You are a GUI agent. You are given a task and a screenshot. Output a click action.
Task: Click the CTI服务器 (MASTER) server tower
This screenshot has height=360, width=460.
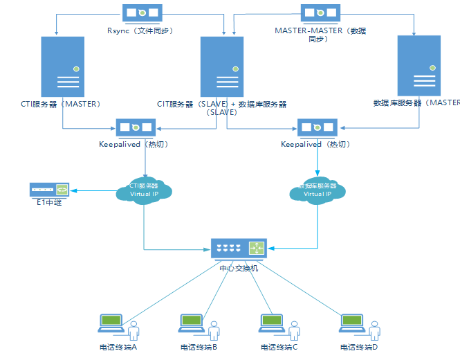click(x=63, y=66)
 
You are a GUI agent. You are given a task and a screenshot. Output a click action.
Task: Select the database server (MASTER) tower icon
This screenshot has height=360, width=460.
click(x=418, y=66)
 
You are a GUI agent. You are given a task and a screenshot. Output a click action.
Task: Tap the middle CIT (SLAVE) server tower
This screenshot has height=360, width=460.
click(x=222, y=66)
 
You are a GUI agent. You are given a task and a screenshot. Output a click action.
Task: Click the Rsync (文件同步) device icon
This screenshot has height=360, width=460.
click(x=142, y=13)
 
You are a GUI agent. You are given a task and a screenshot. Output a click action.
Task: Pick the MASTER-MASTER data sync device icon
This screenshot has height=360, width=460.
click(x=320, y=13)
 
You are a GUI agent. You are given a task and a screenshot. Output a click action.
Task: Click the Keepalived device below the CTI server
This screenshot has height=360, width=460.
click(x=136, y=127)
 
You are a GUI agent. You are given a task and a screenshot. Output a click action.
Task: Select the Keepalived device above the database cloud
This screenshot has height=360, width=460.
click(x=317, y=127)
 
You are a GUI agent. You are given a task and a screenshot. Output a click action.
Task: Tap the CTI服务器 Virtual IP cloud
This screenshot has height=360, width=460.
click(x=144, y=190)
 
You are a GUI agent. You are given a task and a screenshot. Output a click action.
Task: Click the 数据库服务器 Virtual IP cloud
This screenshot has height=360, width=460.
click(x=318, y=190)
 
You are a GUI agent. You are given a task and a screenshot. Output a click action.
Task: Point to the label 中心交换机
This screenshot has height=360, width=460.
click(x=239, y=267)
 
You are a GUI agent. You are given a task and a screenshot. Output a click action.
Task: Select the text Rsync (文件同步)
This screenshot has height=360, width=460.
click(x=140, y=30)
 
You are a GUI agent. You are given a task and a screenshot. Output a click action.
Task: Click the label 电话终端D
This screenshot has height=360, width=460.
click(x=359, y=347)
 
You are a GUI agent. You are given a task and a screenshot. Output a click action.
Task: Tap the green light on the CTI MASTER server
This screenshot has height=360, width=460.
click(x=75, y=67)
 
